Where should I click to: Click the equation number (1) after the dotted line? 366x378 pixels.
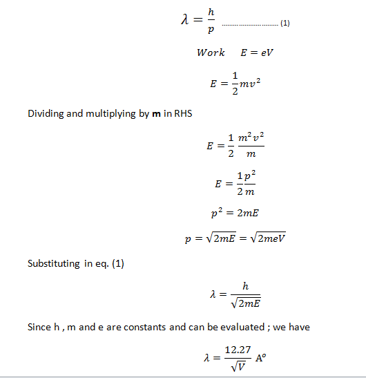tap(285, 23)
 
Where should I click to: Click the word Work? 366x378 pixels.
tap(211, 53)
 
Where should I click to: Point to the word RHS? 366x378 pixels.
tap(183, 113)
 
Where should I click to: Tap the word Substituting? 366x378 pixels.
tap(54, 263)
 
